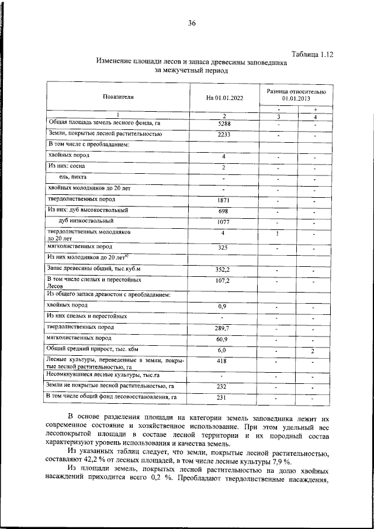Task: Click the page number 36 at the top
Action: (191, 23)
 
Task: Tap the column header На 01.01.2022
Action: (224, 98)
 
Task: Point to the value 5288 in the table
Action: (224, 124)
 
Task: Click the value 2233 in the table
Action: (224, 135)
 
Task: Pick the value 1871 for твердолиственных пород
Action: (224, 201)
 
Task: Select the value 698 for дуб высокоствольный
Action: (224, 211)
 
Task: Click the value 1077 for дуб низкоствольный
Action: (224, 222)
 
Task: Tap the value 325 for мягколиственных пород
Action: (224, 248)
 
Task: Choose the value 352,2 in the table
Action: (224, 270)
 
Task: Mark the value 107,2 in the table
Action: (224, 281)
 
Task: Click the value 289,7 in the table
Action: (224, 329)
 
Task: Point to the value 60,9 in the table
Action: (224, 339)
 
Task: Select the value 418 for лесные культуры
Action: (224, 362)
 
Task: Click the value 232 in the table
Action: (224, 387)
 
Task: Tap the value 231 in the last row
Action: (224, 399)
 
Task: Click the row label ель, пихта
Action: (72, 177)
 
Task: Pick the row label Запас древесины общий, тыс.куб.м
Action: (94, 268)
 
